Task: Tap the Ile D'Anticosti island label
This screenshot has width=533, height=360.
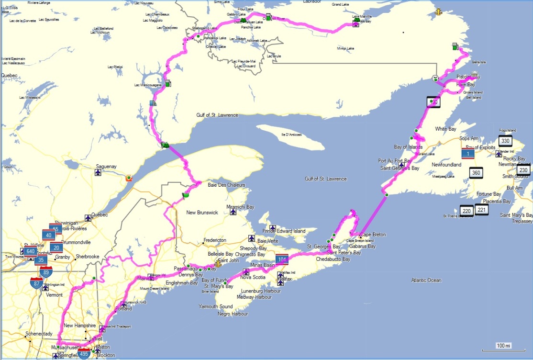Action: (x=291, y=135)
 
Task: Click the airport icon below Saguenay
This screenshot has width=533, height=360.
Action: (x=99, y=173)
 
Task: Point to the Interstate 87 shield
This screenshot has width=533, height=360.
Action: (x=36, y=283)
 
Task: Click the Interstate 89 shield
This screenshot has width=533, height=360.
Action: (x=46, y=272)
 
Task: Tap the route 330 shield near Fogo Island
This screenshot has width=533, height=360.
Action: (x=505, y=141)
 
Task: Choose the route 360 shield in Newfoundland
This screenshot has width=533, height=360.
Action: (x=476, y=173)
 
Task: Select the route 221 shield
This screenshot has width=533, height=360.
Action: (x=481, y=210)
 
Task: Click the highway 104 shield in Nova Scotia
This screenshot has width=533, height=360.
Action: (x=282, y=259)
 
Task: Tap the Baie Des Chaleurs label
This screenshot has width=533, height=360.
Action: (x=226, y=185)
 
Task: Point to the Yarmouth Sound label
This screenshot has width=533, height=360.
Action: (x=216, y=306)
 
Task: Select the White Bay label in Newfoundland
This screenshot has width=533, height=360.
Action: (x=445, y=129)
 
